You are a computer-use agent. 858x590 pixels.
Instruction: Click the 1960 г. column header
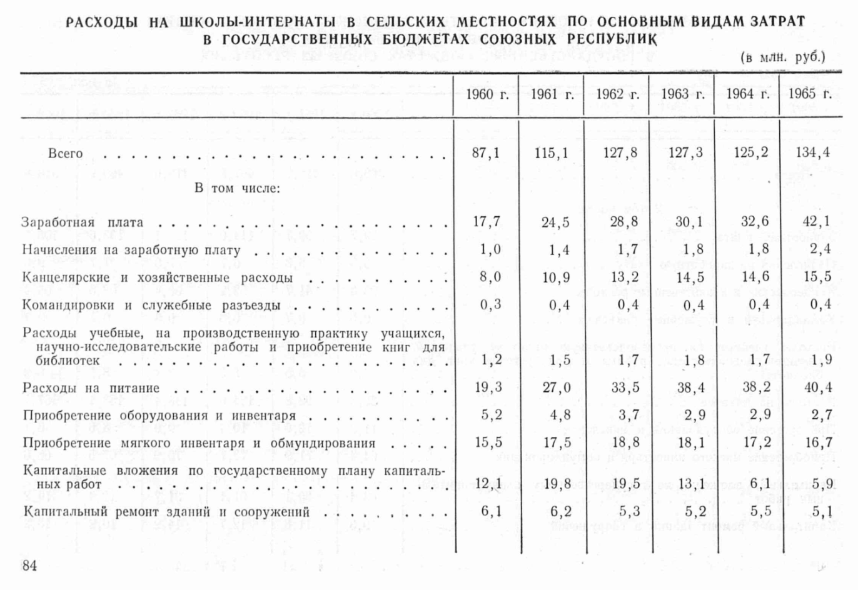[x=487, y=94]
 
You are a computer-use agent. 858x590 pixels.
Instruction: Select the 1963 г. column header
[x=682, y=94]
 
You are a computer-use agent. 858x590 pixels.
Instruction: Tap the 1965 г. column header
[x=810, y=94]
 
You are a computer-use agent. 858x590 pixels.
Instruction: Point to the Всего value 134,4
[x=813, y=152]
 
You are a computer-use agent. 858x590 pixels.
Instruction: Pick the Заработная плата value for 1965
[x=816, y=221]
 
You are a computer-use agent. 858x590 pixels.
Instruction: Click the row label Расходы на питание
[x=91, y=388]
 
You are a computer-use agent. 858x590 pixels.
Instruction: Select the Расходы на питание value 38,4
[x=690, y=388]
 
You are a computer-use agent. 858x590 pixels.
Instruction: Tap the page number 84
[x=29, y=566]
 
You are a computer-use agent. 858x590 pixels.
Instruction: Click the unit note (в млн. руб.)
[x=783, y=57]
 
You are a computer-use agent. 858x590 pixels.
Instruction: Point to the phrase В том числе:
[x=236, y=188]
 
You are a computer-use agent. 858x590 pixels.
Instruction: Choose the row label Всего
[x=65, y=154]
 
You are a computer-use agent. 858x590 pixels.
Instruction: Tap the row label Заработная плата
[x=83, y=222]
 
